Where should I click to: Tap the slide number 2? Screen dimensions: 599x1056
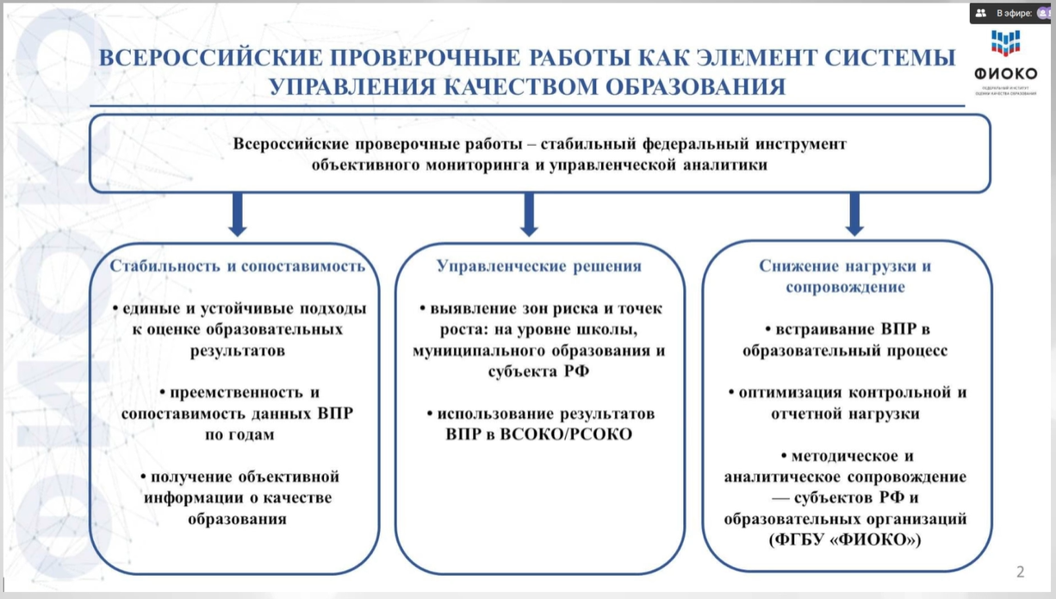tap(1021, 571)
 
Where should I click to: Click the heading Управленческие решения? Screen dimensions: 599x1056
tap(539, 266)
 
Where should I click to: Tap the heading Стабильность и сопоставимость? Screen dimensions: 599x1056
tap(238, 266)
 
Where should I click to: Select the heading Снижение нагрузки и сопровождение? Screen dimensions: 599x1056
tap(845, 277)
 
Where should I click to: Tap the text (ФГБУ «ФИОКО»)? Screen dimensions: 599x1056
tap(845, 540)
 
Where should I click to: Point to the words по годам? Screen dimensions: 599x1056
tap(239, 434)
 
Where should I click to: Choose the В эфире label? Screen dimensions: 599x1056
tap(1014, 13)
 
